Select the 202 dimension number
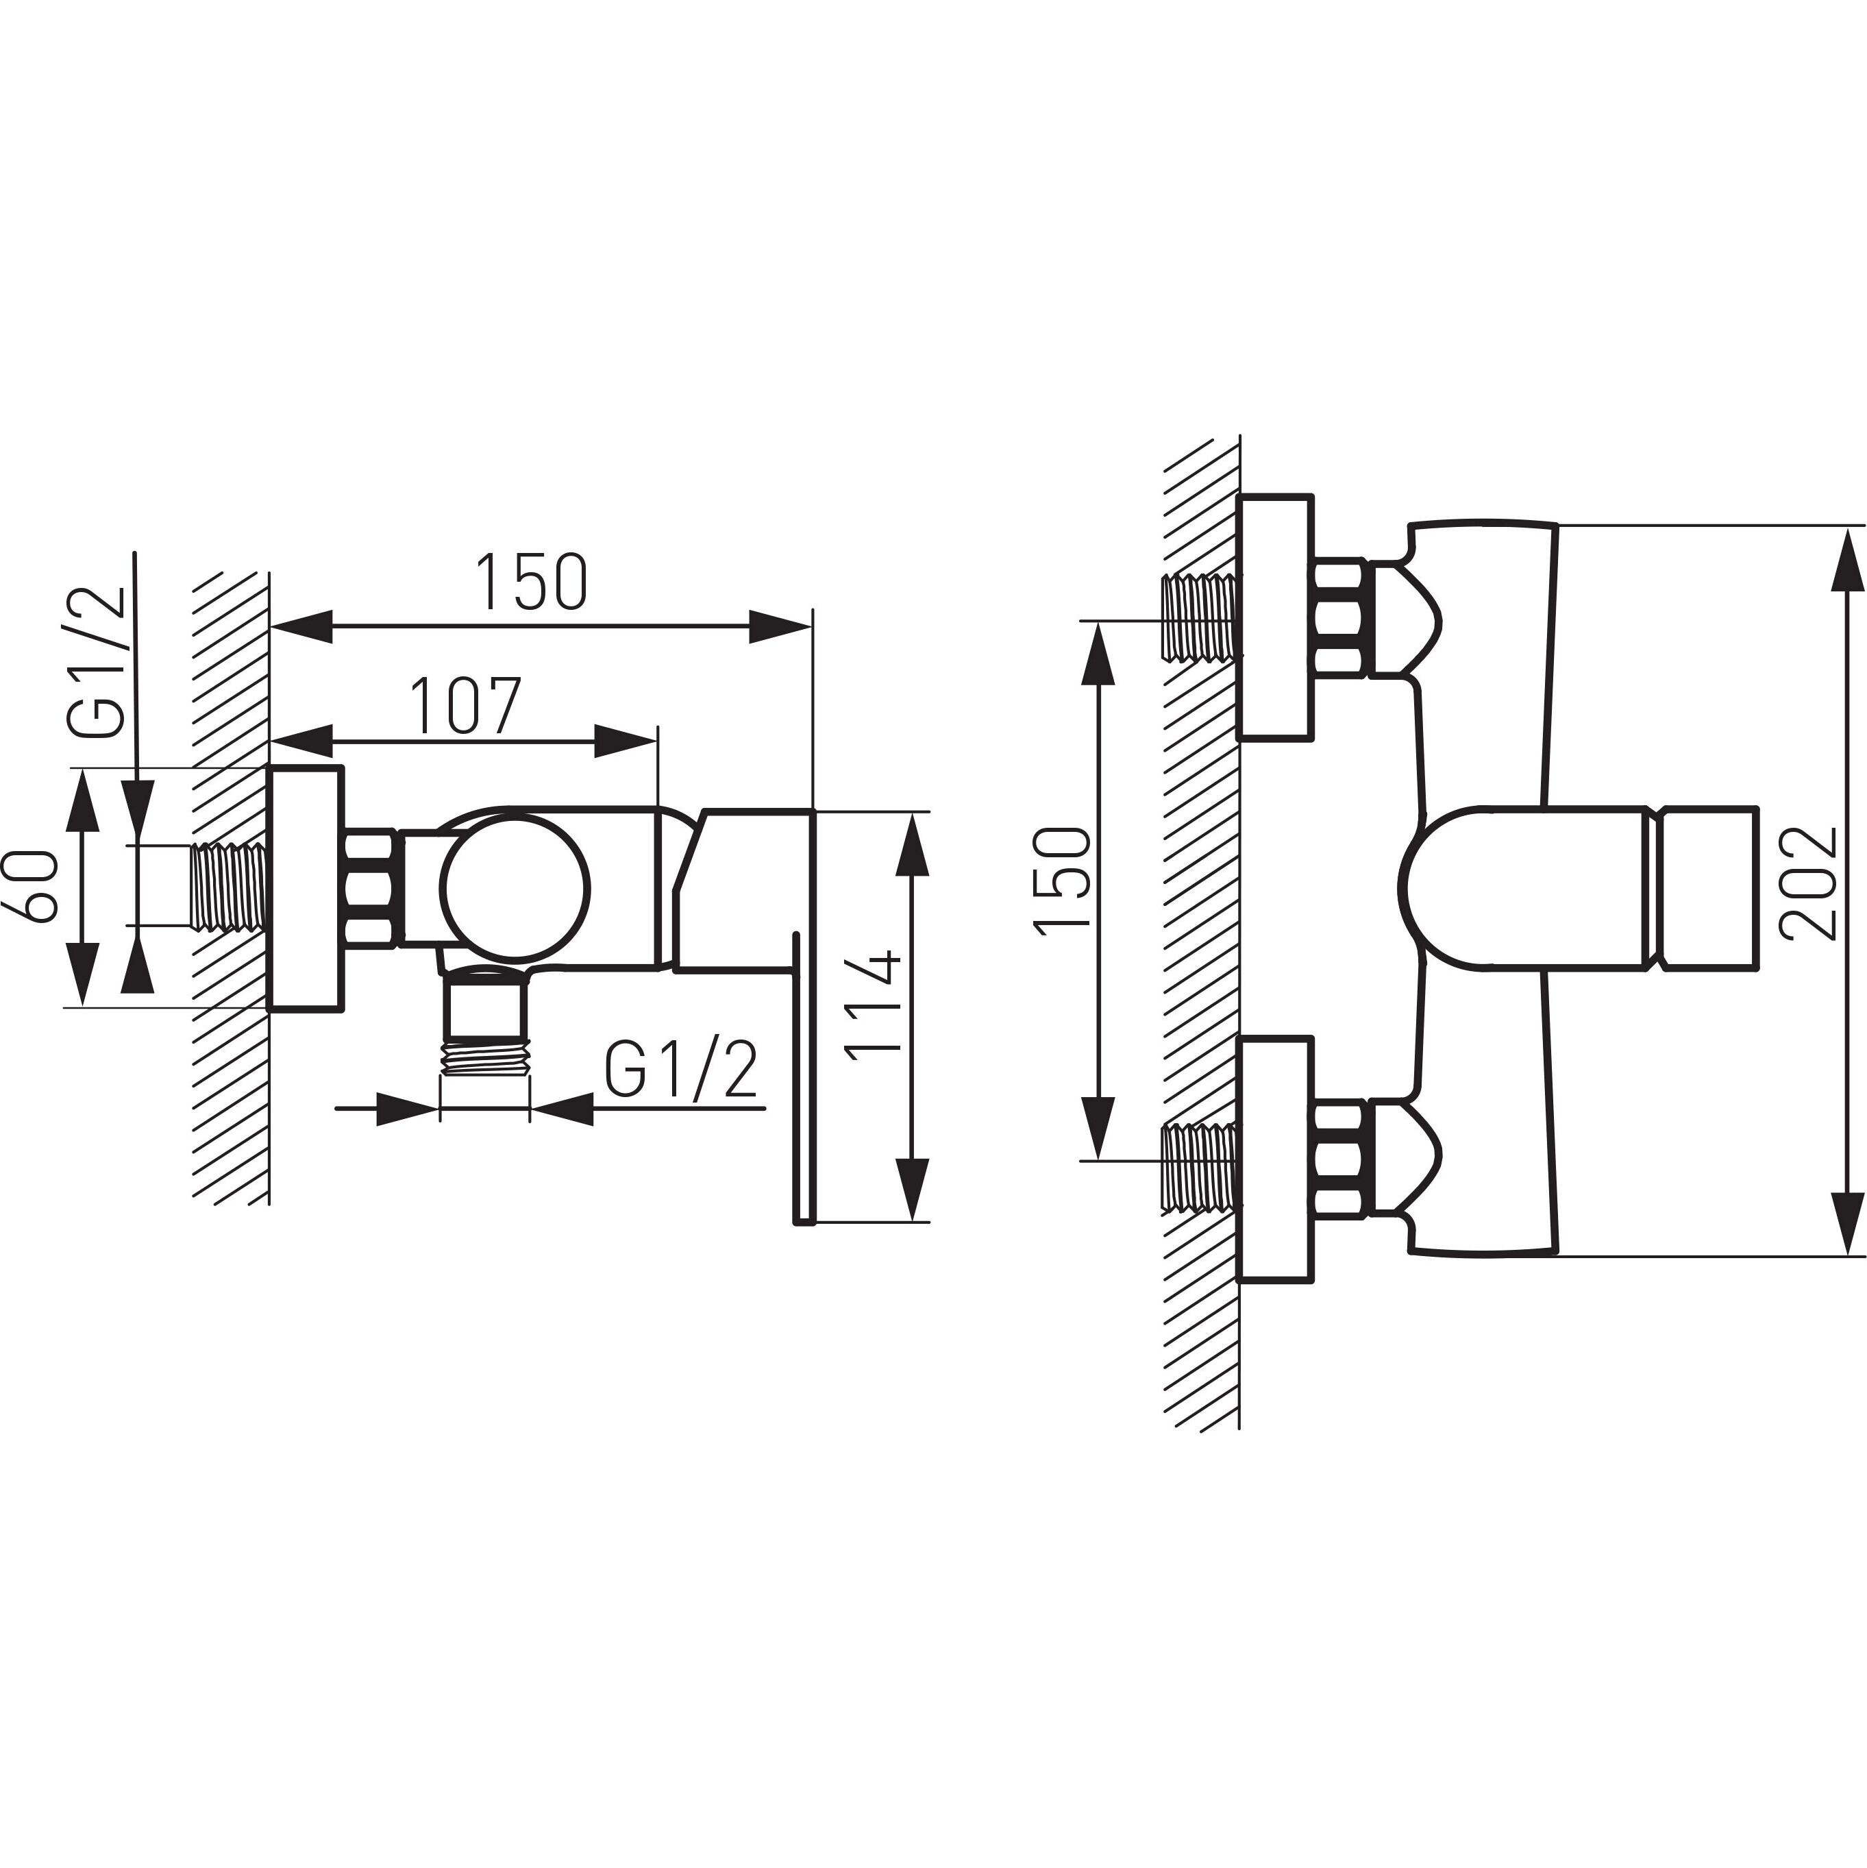coord(1807,882)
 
